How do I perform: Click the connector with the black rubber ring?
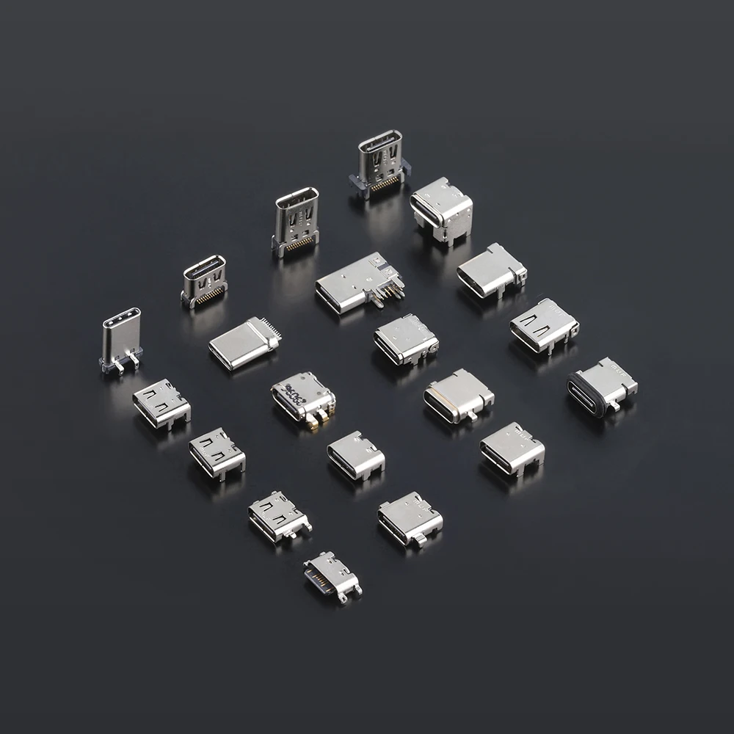[603, 386]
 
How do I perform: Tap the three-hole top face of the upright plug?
[121, 321]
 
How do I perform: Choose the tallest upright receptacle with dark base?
[379, 165]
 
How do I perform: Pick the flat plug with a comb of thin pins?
[242, 343]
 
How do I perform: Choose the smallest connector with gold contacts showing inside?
[333, 575]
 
